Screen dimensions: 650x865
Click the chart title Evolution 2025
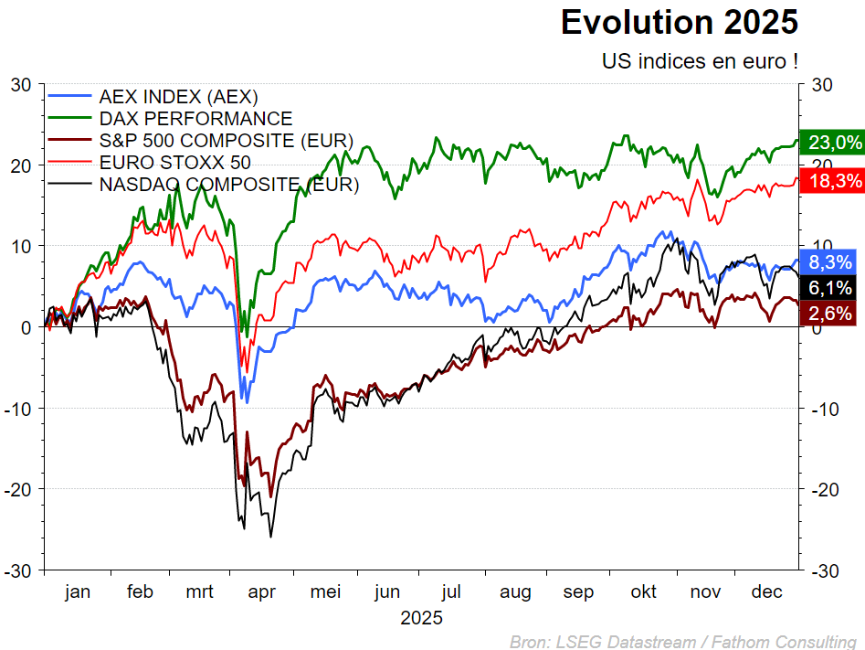(x=679, y=22)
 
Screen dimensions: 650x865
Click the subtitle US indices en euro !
(x=700, y=61)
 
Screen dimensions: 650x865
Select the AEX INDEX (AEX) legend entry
(x=178, y=96)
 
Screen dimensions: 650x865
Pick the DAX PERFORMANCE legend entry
(x=195, y=119)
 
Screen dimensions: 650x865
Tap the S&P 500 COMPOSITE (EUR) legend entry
(x=226, y=141)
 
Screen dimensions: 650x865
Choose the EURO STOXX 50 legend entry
(x=175, y=163)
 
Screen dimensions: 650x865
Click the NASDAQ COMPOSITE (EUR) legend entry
(x=228, y=185)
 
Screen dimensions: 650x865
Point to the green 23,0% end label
(x=830, y=142)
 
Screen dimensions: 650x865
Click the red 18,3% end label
(x=830, y=181)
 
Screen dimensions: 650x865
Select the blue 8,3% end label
(x=830, y=261)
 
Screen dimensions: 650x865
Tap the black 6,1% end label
(x=830, y=288)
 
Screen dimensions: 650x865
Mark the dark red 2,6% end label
(x=830, y=314)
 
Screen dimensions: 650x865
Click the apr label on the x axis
(x=262, y=592)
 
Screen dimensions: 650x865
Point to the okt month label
(x=643, y=592)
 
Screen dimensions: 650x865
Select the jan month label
(x=78, y=592)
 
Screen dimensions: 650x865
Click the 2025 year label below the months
(x=421, y=619)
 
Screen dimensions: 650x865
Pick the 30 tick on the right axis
(x=821, y=85)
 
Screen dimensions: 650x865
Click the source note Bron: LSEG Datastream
(x=682, y=641)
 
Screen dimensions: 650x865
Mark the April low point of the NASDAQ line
(x=270, y=536)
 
